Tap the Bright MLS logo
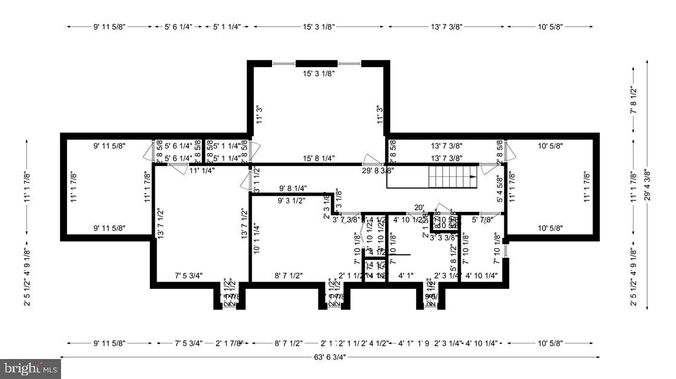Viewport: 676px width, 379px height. [30, 367]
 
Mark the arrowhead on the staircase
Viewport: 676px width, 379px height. [472, 177]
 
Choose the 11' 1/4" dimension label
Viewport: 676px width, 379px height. [202, 171]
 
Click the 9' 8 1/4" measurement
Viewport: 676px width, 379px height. [293, 188]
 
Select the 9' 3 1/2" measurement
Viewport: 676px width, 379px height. [291, 200]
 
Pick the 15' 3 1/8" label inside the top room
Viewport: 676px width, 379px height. [319, 73]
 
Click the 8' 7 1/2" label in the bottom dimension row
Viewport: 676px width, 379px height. [288, 343]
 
